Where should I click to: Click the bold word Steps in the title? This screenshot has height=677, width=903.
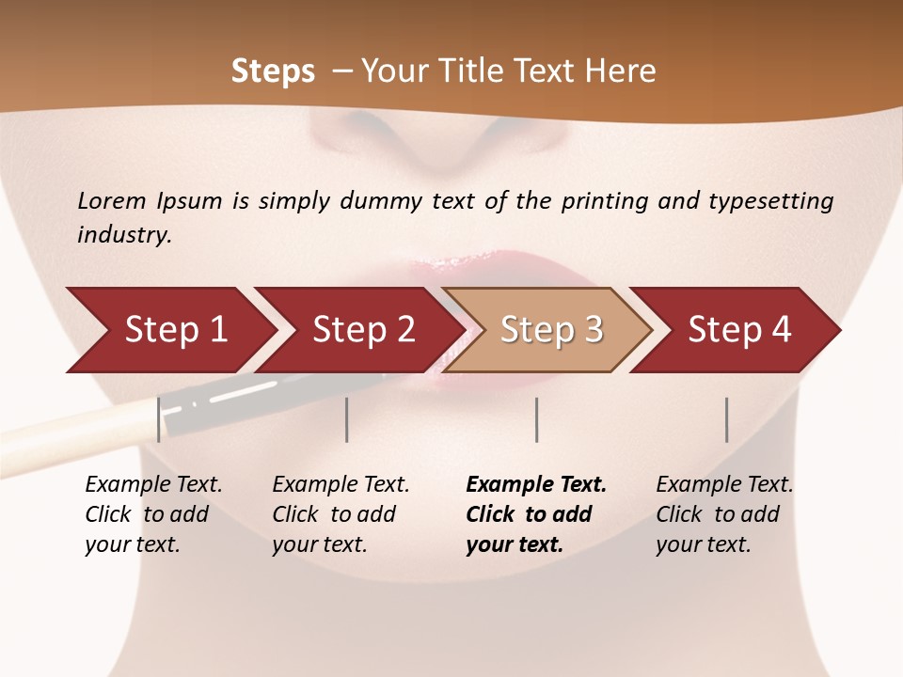[273, 71]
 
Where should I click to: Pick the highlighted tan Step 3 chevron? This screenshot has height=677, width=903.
[551, 330]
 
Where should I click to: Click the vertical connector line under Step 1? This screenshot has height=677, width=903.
[159, 419]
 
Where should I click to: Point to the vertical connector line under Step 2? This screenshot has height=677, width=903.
[347, 419]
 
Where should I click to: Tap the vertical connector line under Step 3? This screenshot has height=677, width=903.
[536, 419]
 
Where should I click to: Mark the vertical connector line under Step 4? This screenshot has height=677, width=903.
[726, 419]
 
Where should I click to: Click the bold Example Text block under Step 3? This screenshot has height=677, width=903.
[536, 514]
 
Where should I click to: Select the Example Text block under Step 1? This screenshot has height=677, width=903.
[153, 514]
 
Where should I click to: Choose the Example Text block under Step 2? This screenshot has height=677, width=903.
[341, 514]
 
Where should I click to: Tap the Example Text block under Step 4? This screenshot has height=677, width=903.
[724, 514]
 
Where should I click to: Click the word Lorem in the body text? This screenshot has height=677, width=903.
[112, 200]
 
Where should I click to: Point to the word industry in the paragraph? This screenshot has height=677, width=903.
[124, 235]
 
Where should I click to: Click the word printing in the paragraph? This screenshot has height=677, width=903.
[605, 201]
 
